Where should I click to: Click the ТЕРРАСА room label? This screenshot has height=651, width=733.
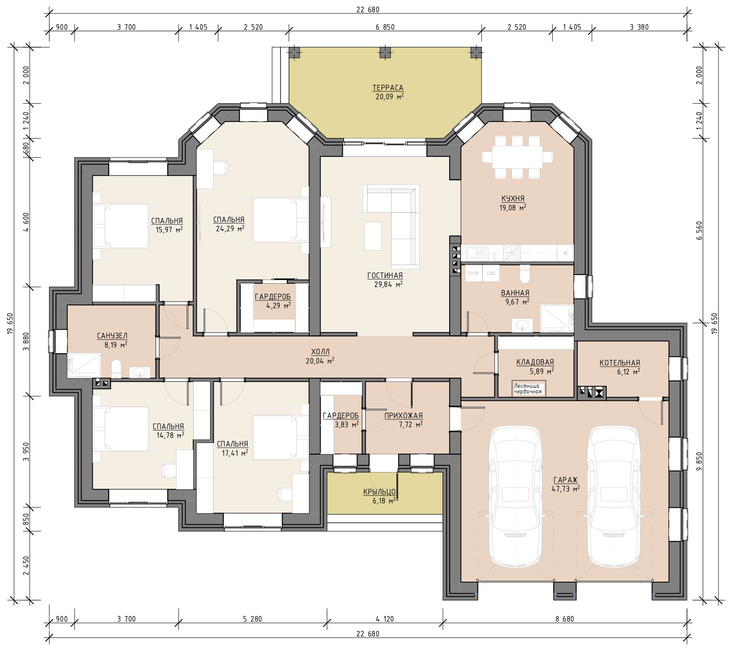tap(388, 88)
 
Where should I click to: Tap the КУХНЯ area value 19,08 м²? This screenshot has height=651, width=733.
tap(513, 208)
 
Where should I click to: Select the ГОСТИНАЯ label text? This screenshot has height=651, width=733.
tap(385, 275)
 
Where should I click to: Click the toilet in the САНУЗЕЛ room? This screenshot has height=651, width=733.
tap(116, 368)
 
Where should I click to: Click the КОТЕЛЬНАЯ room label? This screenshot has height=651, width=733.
tap(620, 363)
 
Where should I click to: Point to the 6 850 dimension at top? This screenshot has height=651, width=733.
tap(385, 27)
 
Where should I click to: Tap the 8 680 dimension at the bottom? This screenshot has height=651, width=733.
tap(565, 619)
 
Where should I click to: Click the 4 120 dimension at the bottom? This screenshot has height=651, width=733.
tap(385, 619)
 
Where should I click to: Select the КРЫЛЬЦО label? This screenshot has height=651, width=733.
tap(379, 492)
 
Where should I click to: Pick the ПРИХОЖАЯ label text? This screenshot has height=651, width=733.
tap(403, 416)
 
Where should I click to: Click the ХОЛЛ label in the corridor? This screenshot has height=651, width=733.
tap(320, 352)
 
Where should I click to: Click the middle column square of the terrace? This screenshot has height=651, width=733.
tap(385, 52)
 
